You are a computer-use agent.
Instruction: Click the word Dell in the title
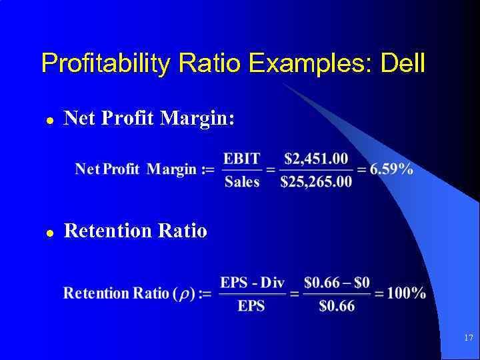click(402, 63)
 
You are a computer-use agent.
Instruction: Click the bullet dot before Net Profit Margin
click(49, 121)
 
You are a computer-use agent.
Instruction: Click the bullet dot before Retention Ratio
click(49, 233)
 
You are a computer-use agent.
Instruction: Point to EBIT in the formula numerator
click(241, 158)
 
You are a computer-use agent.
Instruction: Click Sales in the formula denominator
click(241, 181)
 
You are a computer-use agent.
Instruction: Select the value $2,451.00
click(316, 158)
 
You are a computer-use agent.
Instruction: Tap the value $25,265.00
click(316, 181)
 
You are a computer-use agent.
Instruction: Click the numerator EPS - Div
click(252, 283)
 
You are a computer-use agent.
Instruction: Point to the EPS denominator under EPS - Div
click(251, 306)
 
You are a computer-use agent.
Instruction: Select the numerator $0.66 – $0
click(337, 283)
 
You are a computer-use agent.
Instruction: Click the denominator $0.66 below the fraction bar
click(337, 306)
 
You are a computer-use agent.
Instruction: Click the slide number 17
click(468, 338)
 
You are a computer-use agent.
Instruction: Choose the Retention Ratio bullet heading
click(135, 231)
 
